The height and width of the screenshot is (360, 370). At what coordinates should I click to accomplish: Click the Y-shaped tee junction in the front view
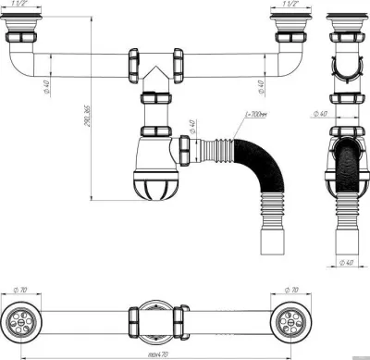coord(154,72)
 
